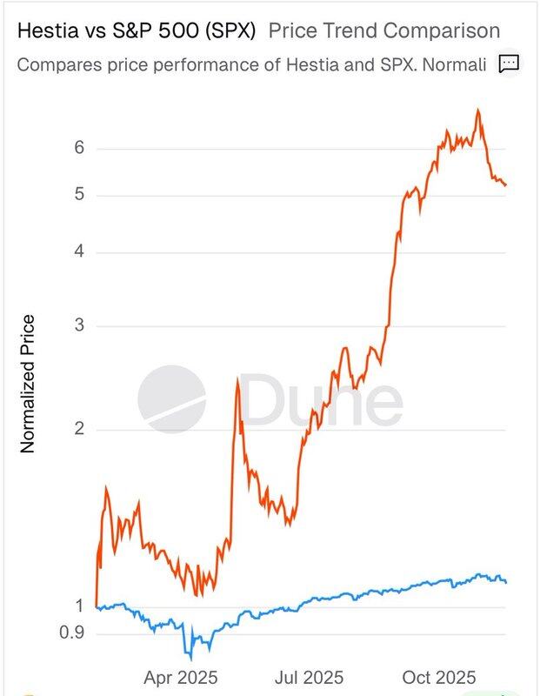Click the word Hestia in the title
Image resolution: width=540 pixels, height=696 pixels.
[43, 31]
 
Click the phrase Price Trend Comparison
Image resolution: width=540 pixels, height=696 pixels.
[384, 31]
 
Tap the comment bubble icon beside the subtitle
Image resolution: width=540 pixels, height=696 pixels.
[509, 64]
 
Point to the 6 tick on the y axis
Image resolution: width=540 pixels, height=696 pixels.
[78, 148]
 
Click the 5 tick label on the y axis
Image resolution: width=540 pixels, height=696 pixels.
[78, 194]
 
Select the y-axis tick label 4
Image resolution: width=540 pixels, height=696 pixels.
[78, 252]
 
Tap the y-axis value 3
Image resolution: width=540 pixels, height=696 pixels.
[78, 326]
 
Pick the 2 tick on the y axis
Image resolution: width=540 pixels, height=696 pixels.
[78, 430]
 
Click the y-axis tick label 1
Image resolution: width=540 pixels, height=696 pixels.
[78, 606]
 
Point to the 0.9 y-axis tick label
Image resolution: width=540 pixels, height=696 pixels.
[71, 633]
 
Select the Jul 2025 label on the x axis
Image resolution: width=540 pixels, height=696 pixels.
[310, 677]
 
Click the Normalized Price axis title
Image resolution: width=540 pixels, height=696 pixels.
[27, 384]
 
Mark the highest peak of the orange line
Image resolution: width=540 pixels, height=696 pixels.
[478, 110]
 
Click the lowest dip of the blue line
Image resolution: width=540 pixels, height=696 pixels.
[189, 657]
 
